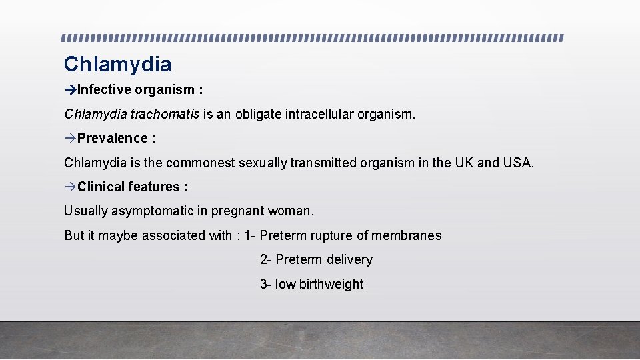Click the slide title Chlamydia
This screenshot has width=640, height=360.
tap(117, 64)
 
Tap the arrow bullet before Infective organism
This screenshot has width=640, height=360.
tap(71, 89)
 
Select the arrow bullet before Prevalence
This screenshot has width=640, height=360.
tap(71, 138)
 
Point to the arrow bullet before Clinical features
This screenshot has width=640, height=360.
tap(71, 187)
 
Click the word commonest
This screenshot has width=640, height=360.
tap(201, 163)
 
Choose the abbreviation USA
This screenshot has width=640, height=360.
tap(519, 163)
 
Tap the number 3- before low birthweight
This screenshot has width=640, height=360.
tap(265, 284)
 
